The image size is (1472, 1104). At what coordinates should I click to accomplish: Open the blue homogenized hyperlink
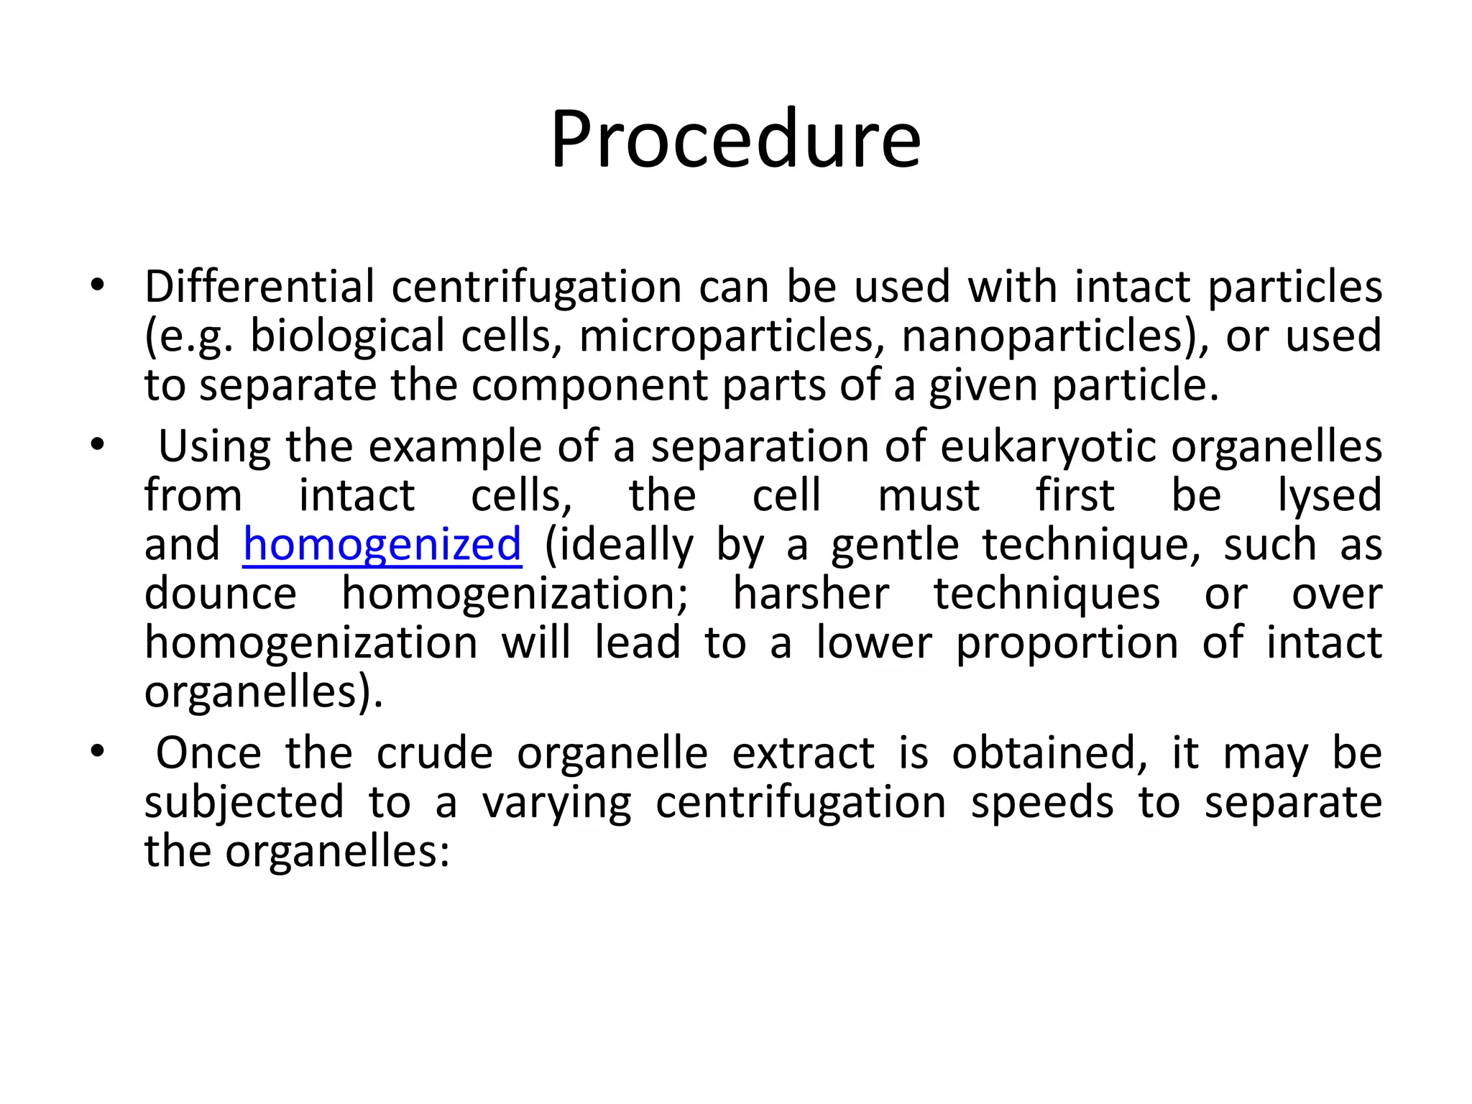coord(382,544)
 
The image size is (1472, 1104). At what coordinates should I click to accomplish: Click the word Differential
coord(259,287)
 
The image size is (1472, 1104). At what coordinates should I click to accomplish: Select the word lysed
coord(1329,496)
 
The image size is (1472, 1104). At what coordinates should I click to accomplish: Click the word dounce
coord(220,594)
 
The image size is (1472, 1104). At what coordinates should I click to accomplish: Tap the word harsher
coord(811,594)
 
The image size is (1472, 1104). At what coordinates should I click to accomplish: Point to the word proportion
coord(1067,643)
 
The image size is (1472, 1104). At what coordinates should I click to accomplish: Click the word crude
coord(434,754)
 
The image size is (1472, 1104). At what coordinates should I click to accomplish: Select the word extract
coord(803,754)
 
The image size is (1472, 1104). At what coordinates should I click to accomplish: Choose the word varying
coord(556,803)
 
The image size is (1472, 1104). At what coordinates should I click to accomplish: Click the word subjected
coord(244,803)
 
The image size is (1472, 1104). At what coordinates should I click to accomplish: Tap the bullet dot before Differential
coord(98,286)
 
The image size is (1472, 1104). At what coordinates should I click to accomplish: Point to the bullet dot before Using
coord(98,446)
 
